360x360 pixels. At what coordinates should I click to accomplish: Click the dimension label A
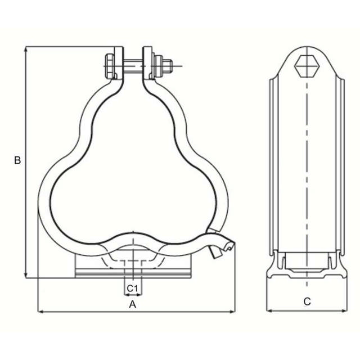click(x=133, y=304)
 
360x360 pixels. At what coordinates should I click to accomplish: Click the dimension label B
click(x=17, y=160)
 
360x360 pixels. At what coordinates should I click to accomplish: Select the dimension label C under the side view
click(x=307, y=301)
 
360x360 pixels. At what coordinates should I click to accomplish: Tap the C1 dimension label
click(x=132, y=288)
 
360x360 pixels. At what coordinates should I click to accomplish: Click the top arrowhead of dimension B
click(x=26, y=49)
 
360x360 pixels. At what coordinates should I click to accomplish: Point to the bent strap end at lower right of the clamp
click(x=220, y=249)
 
